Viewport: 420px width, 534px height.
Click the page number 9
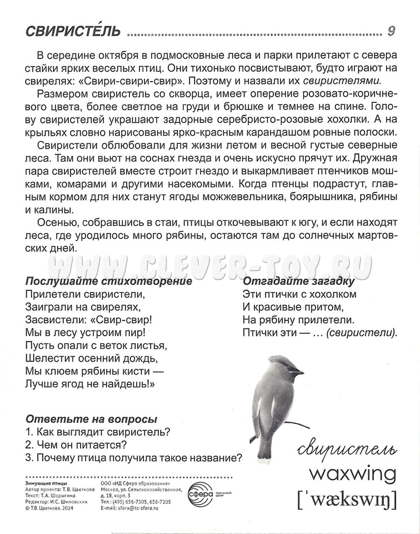pos(391,31)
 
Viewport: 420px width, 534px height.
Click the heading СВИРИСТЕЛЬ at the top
pos(74,32)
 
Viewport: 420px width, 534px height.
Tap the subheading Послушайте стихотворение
pos(101,281)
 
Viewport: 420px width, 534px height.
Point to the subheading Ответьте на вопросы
pos(91,419)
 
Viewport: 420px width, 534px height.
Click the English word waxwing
pos(352,474)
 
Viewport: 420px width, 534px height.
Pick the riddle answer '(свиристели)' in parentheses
pos(362,334)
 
